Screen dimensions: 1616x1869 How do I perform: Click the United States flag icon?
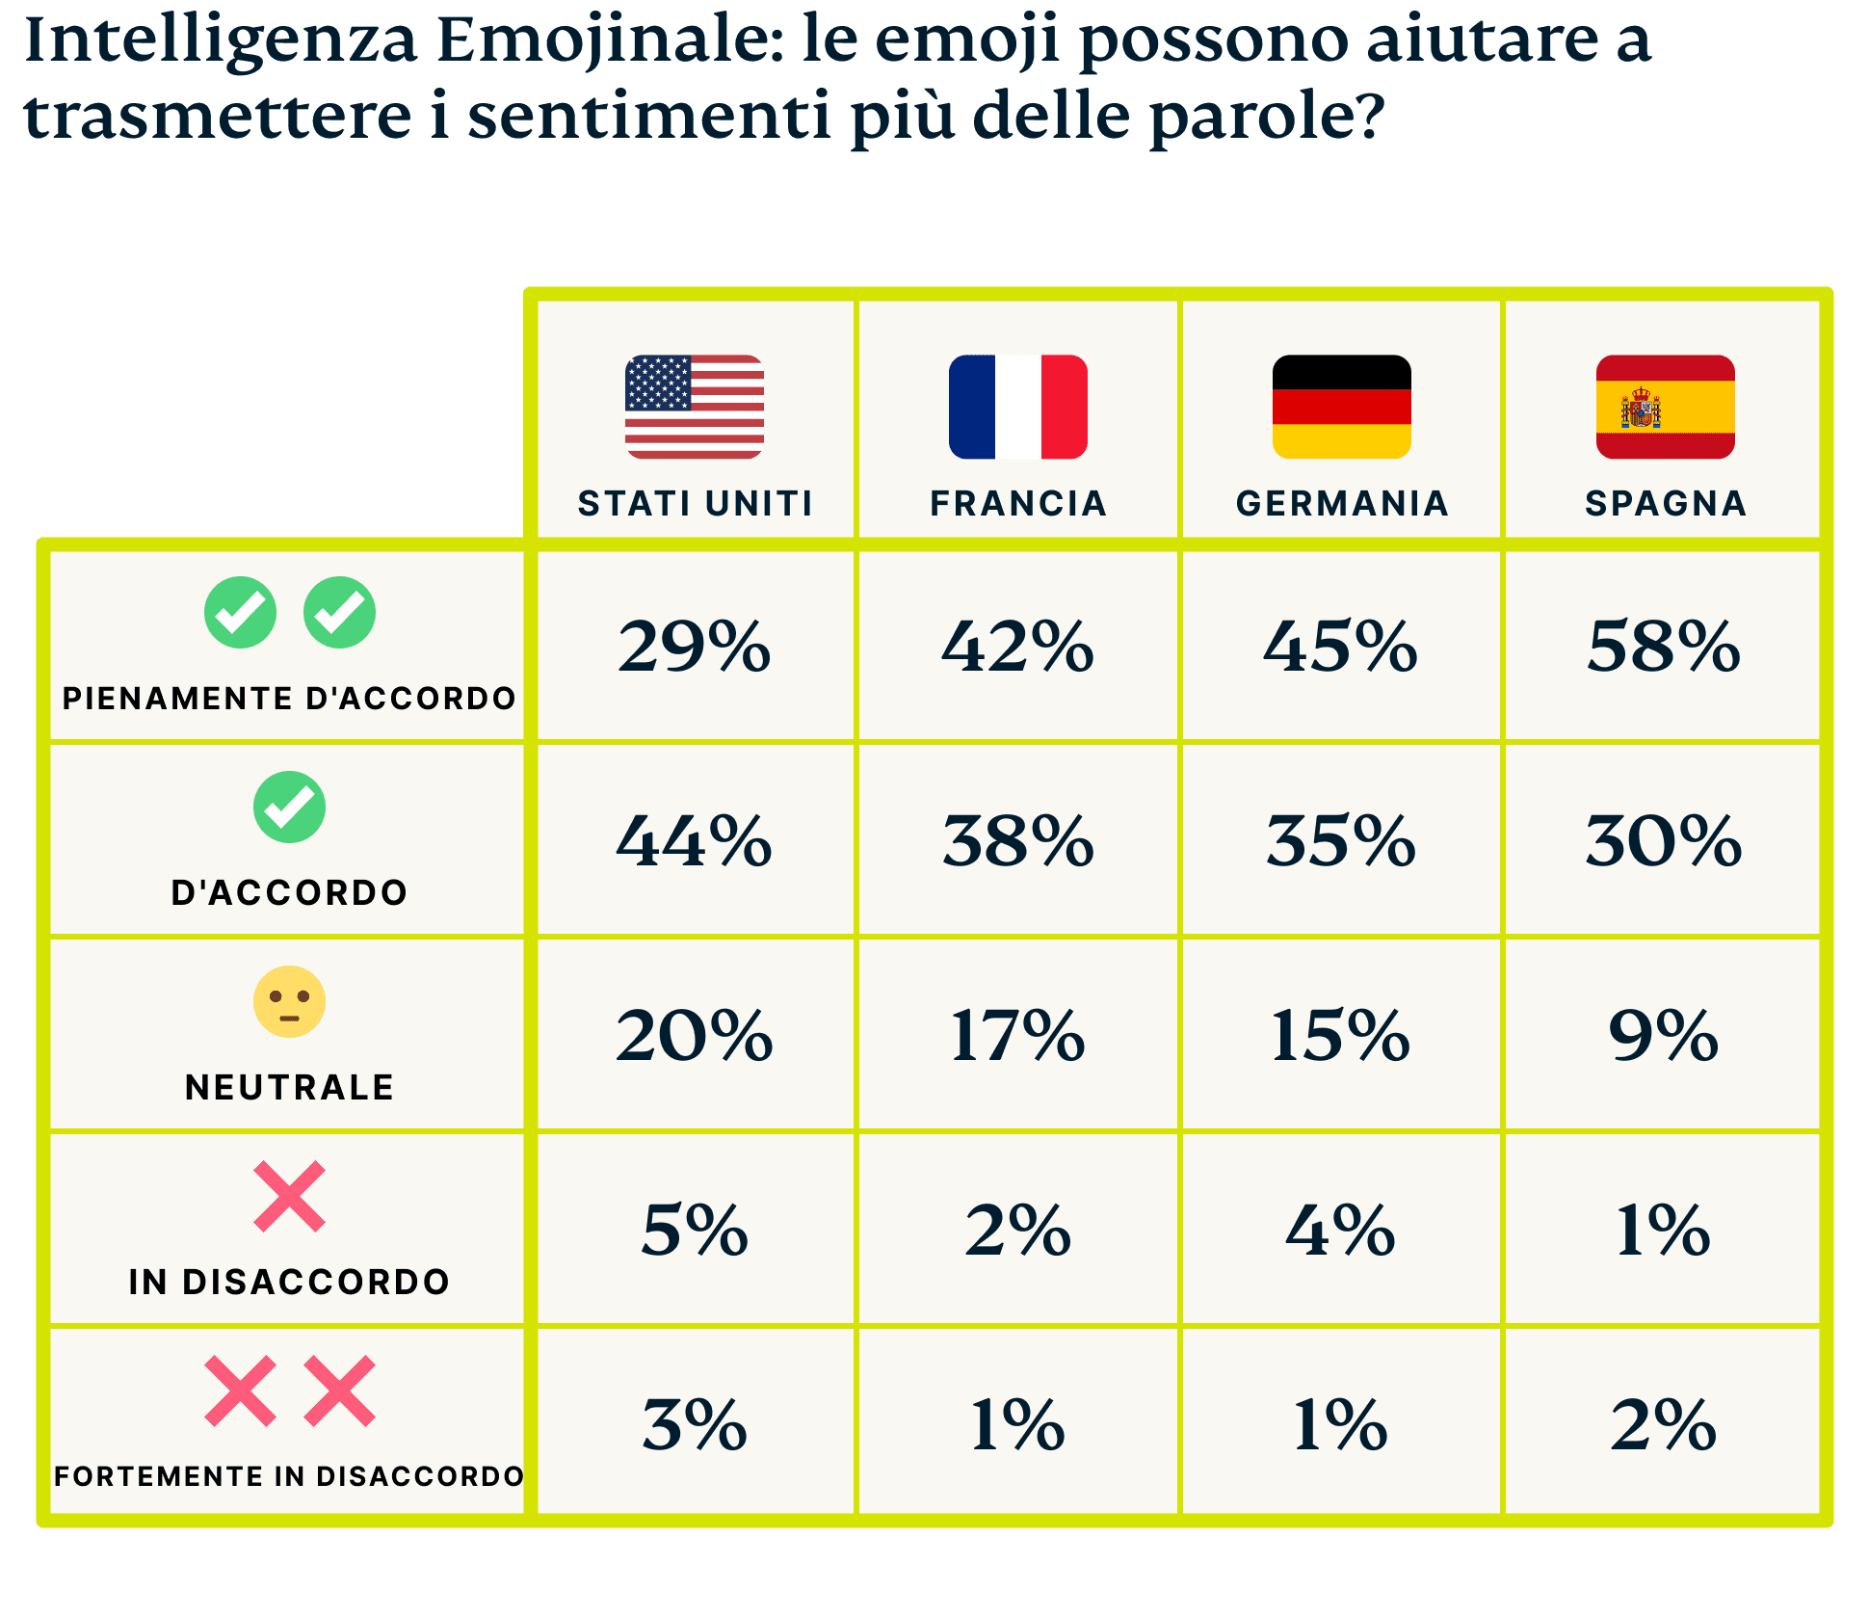tap(695, 407)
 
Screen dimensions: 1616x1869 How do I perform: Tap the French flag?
tap(1017, 407)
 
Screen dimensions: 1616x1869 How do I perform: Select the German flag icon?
tap(1341, 407)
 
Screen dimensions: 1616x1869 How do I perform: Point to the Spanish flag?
tap(1665, 407)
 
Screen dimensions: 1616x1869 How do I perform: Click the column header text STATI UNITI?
tap(695, 503)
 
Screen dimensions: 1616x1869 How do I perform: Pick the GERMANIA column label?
tap(1342, 503)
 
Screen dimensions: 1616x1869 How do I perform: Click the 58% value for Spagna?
tap(1664, 646)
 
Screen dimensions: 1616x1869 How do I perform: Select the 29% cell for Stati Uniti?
tap(695, 646)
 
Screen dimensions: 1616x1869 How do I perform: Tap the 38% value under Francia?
tap(1018, 840)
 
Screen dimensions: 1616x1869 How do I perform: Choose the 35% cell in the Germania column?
tap(1341, 840)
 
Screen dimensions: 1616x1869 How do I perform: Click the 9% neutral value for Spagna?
tap(1664, 1036)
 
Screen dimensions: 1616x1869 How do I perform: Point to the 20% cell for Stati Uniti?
tap(695, 1036)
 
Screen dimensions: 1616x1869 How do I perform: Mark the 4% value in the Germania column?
tap(1341, 1231)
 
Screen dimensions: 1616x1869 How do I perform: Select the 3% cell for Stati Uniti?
tap(695, 1424)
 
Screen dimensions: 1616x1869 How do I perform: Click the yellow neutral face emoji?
tap(289, 1001)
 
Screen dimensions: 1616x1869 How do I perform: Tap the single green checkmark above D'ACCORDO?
tap(289, 808)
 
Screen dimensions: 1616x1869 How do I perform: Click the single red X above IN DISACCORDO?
tap(289, 1196)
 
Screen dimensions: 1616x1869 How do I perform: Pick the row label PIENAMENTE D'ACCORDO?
tap(289, 698)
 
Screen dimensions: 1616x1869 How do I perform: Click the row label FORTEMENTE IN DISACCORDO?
tap(289, 1475)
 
